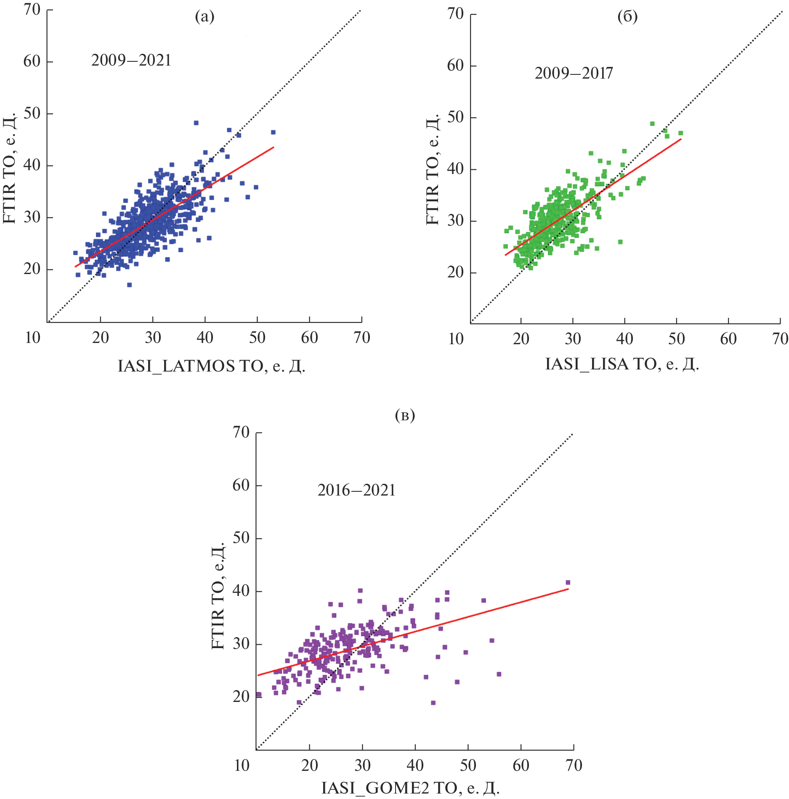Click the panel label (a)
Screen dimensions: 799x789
[x=205, y=17]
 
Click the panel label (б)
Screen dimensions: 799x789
[x=627, y=17]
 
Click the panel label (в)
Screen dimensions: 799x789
[x=405, y=415]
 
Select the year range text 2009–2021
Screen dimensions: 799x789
[x=131, y=61]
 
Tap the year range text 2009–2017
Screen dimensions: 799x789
[x=574, y=74]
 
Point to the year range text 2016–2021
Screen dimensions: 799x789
[x=356, y=490]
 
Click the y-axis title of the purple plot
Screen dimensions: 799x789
[x=218, y=597]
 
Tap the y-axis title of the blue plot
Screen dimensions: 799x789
[x=10, y=168]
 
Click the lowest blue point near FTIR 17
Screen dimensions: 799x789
[x=129, y=285]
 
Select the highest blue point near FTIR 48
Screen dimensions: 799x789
[x=196, y=123]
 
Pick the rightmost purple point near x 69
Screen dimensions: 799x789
[x=568, y=583]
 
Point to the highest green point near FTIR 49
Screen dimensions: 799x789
[x=652, y=124]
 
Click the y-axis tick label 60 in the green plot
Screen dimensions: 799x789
[x=455, y=66]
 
